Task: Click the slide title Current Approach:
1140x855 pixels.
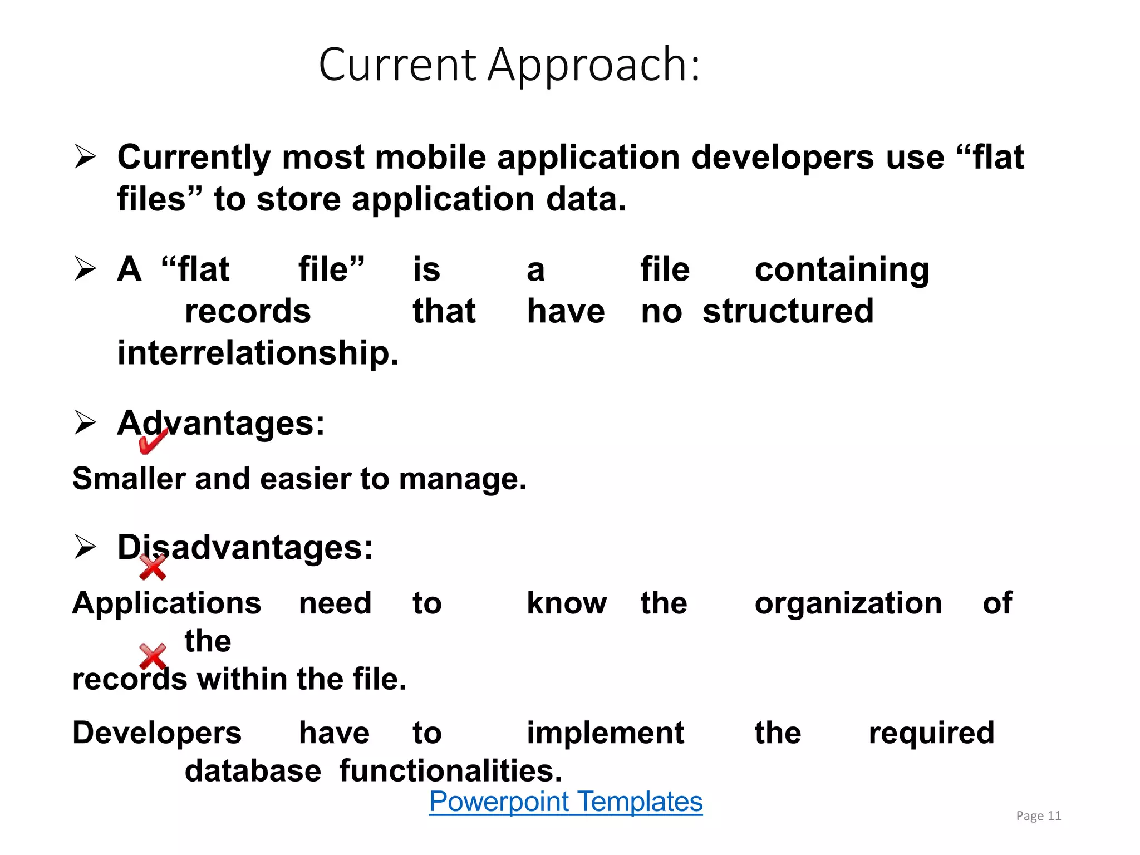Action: (x=509, y=65)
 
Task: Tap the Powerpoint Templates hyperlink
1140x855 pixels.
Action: (x=566, y=802)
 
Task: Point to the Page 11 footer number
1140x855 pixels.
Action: (x=1038, y=816)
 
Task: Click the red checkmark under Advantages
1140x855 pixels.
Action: (x=153, y=442)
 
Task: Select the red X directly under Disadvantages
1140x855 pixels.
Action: (x=153, y=568)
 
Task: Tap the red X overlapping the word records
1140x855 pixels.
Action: (x=153, y=657)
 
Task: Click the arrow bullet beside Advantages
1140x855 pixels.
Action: (x=85, y=423)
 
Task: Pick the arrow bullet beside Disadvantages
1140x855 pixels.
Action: (x=85, y=547)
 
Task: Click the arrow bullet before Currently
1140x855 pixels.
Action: (x=85, y=157)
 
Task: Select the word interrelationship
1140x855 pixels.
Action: (x=258, y=353)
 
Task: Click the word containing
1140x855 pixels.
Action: (x=842, y=270)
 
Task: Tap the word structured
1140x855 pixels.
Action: (x=788, y=311)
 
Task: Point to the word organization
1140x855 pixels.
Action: (x=848, y=603)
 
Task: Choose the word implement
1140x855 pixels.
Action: (x=605, y=733)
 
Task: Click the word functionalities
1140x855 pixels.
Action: (x=450, y=771)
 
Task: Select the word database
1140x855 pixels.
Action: (x=253, y=771)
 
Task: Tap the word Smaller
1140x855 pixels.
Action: (x=128, y=479)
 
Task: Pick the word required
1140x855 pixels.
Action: (x=931, y=733)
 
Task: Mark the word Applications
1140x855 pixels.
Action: (x=166, y=603)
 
